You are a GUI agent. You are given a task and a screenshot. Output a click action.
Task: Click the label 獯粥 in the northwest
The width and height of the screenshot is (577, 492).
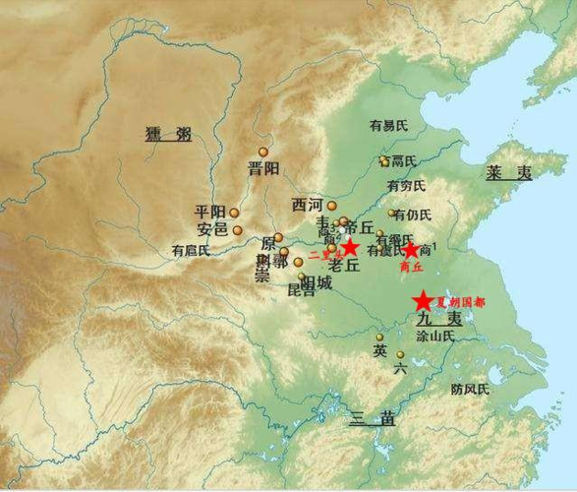167,133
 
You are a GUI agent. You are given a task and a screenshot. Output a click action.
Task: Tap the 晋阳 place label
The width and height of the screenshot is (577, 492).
263,168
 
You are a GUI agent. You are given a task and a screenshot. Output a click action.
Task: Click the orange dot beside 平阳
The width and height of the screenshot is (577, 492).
234,212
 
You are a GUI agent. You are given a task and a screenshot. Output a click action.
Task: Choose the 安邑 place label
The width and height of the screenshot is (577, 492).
213,229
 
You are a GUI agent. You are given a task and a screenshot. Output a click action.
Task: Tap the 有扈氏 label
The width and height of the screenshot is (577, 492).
191,250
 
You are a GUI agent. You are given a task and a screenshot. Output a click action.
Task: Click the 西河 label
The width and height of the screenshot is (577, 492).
307,205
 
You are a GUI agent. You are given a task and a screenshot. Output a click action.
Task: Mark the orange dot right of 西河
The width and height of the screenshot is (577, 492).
332,206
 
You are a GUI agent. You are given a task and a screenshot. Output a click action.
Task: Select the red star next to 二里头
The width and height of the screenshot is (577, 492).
348,247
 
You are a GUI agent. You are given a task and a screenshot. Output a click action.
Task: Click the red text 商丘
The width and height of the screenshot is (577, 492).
411,266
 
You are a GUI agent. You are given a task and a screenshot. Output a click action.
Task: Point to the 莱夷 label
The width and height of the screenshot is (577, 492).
508,172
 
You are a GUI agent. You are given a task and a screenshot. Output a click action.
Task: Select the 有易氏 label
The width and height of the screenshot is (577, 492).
387,126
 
